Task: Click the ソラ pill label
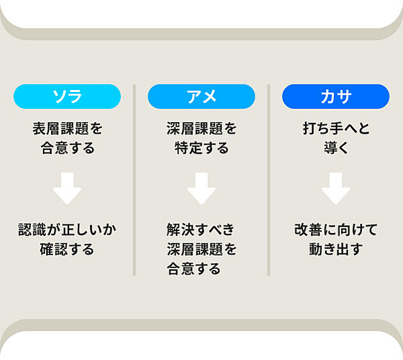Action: tap(67, 96)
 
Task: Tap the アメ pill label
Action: tap(201, 96)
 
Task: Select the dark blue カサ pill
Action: tap(336, 96)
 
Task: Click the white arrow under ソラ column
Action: tap(67, 188)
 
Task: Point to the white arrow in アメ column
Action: tap(201, 188)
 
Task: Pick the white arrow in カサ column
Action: tap(336, 188)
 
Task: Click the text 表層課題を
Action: tap(67, 128)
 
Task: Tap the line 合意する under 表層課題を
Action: tap(67, 148)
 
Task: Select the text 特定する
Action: tap(201, 148)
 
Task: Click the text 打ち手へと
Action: tap(336, 128)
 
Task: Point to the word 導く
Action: tap(336, 148)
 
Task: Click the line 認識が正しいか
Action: tap(67, 230)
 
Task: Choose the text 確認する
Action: tap(67, 249)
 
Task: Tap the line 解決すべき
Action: tap(200, 230)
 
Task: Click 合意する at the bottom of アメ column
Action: tap(193, 269)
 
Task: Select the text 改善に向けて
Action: tap(336, 230)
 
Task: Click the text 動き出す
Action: tap(336, 249)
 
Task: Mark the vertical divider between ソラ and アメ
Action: tap(134, 180)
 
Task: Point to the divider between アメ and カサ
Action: tap(269, 180)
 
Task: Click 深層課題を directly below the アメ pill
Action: tap(201, 128)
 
